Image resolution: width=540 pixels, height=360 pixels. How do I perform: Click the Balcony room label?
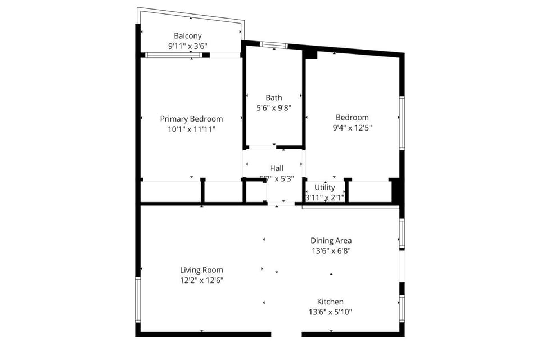(x=188, y=36)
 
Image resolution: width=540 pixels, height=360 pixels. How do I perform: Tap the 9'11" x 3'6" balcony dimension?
(x=188, y=47)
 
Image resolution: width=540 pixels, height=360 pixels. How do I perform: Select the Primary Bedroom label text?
(x=191, y=119)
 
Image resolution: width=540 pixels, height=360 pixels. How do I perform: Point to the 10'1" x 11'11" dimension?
(x=191, y=129)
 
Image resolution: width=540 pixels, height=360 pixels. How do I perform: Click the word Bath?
(x=274, y=98)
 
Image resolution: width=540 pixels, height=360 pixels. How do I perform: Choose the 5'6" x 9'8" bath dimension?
(x=274, y=108)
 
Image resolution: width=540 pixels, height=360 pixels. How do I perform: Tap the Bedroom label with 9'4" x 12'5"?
(x=352, y=118)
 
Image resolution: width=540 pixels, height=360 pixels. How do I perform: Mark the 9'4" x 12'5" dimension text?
(x=352, y=128)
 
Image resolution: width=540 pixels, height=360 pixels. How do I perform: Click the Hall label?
(x=277, y=168)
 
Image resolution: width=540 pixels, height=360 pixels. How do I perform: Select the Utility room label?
(x=325, y=187)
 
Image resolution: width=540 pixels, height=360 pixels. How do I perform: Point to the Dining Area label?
(x=331, y=241)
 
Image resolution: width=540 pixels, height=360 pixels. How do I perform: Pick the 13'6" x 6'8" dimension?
(x=331, y=251)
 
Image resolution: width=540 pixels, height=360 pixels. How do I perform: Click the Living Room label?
(x=201, y=270)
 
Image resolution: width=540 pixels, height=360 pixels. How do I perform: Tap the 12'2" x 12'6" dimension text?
(x=201, y=280)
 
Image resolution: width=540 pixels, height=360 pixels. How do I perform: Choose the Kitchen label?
(x=330, y=301)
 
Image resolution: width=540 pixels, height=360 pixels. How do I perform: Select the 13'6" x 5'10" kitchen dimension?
(x=330, y=312)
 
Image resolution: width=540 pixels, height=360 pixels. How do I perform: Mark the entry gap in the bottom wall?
(x=287, y=334)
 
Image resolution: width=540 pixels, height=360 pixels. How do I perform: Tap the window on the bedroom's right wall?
(x=402, y=123)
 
